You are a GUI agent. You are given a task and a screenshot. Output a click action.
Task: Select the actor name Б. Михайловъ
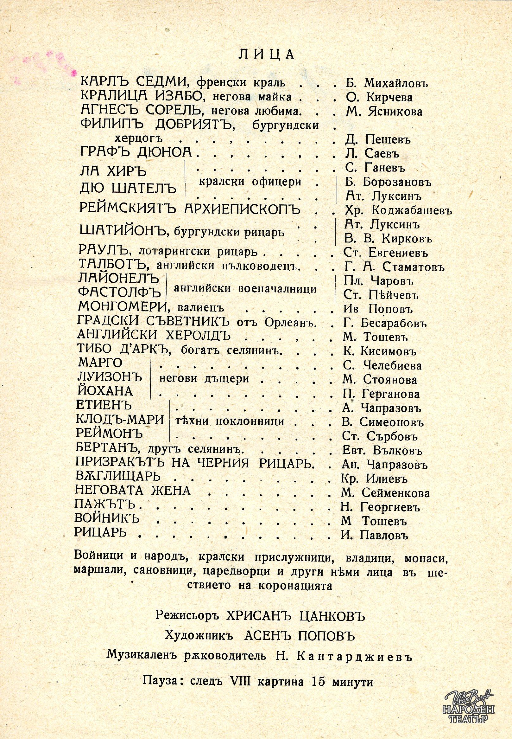click(387, 83)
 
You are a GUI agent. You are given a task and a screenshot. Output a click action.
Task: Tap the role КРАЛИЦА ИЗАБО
click(132, 97)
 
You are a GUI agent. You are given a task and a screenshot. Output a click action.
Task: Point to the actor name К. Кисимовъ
click(380, 352)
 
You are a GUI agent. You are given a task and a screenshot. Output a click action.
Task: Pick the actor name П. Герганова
click(381, 394)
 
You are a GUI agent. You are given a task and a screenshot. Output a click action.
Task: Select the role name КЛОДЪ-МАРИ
click(119, 420)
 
